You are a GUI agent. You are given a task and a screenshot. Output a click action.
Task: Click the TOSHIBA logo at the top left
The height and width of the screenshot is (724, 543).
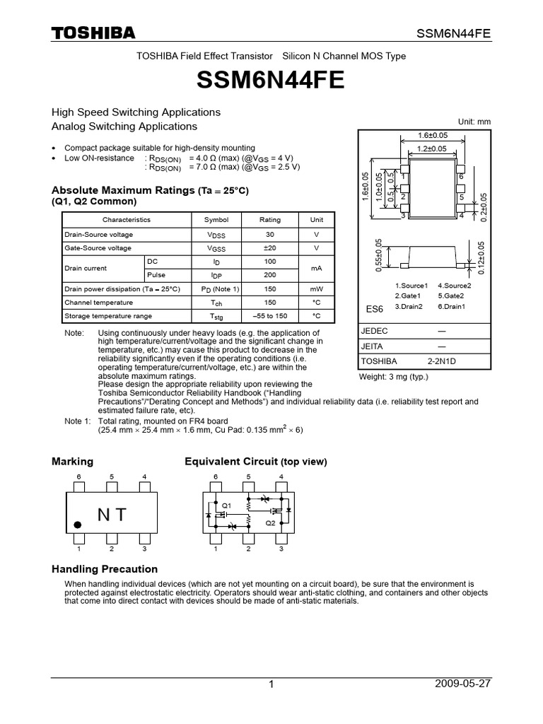[x=93, y=33]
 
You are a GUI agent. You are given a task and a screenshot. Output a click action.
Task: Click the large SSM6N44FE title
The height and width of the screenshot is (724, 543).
[x=271, y=81]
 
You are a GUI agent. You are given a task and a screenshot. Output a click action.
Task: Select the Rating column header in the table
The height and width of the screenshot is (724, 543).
[x=269, y=220]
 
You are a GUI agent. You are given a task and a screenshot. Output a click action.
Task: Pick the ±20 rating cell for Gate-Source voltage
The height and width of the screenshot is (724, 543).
[x=269, y=248]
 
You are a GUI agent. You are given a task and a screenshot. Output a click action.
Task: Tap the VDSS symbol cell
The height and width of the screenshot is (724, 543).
[x=216, y=235]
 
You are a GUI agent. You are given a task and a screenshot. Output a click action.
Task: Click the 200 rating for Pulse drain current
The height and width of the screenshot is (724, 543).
[x=269, y=275]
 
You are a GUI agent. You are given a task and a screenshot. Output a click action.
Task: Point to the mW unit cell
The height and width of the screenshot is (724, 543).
[x=316, y=288]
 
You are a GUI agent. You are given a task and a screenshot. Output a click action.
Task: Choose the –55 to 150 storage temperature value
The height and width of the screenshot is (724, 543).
[x=269, y=316]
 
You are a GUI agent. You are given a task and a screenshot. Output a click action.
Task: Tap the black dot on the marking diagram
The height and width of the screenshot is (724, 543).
[x=78, y=525]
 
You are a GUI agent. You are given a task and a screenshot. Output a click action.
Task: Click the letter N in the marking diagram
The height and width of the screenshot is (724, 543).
[x=104, y=515]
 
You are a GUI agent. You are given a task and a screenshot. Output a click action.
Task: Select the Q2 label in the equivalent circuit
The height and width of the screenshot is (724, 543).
[x=270, y=523]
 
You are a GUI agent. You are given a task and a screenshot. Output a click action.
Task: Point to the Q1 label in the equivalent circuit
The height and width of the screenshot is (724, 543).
[x=226, y=506]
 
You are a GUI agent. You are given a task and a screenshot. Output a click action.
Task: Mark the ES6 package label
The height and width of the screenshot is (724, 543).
[x=374, y=309]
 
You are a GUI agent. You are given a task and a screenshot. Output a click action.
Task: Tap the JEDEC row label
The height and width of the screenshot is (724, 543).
[x=374, y=331]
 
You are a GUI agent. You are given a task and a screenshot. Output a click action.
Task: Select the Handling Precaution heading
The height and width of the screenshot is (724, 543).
[x=105, y=569]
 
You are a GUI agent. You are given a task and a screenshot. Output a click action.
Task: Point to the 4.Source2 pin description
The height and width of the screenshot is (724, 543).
[x=454, y=285]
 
